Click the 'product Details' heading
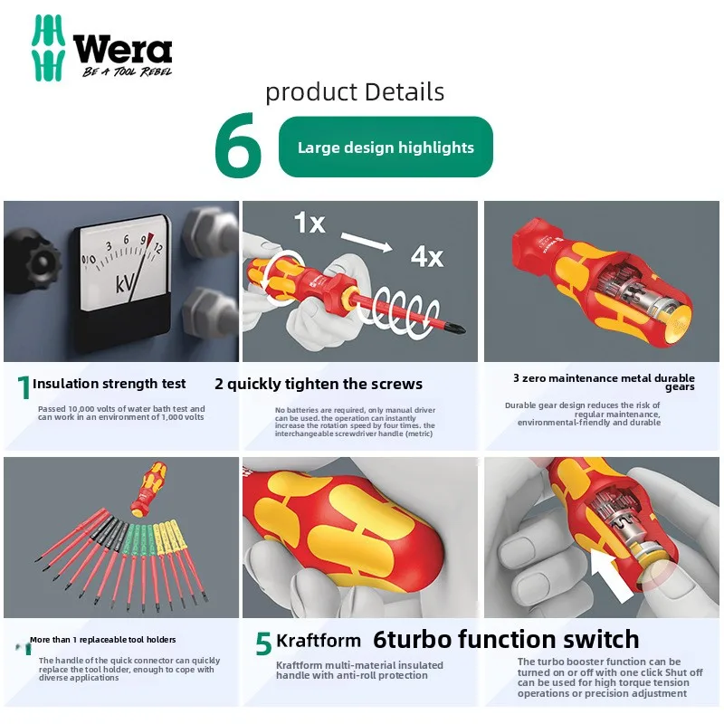355,91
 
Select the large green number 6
238,148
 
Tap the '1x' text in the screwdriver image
309,222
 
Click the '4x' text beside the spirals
426,256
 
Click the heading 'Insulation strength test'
110,384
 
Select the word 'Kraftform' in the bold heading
318,641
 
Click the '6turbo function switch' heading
507,640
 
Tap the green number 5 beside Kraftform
263,643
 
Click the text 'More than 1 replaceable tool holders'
103,640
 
